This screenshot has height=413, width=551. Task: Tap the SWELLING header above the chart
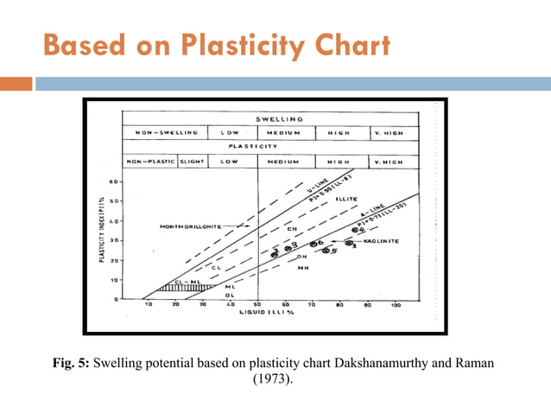pyautogui.click(x=278, y=118)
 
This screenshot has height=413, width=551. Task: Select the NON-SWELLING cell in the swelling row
pyautogui.click(x=163, y=133)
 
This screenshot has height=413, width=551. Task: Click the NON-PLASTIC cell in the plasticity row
pyautogui.click(x=149, y=162)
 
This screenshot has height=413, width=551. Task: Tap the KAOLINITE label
pyautogui.click(x=381, y=241)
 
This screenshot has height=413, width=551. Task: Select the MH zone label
pyautogui.click(x=302, y=268)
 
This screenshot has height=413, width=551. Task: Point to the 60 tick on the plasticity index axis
pyautogui.click(x=115, y=181)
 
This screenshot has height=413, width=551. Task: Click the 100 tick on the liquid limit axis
pyautogui.click(x=396, y=305)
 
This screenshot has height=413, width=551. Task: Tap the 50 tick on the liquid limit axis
pyautogui.click(x=257, y=305)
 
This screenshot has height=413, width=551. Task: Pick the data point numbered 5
pyautogui.click(x=329, y=251)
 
